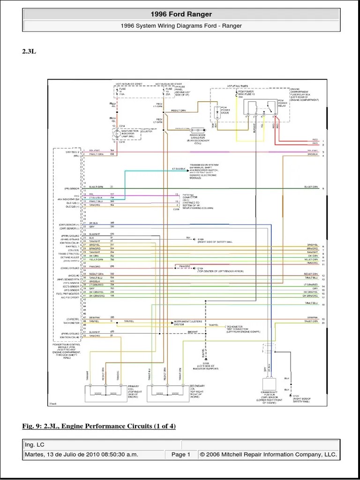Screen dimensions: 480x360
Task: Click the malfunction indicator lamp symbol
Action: tap(115, 134)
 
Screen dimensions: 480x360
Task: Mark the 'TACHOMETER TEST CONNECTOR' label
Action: tap(240, 328)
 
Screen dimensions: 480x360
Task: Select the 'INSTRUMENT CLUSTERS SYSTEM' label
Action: tap(187, 323)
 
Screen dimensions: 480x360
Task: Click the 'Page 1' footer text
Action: tap(180, 454)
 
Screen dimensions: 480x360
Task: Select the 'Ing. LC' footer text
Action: tap(36, 444)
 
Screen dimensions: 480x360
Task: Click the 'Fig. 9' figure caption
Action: tap(99, 426)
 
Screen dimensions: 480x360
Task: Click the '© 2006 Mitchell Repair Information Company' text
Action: tap(268, 454)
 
